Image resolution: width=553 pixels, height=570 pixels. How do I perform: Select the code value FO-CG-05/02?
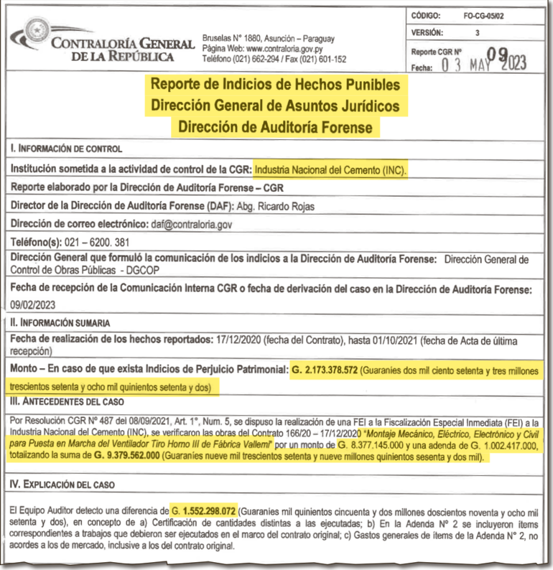point(484,15)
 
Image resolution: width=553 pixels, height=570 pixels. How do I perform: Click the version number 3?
point(478,33)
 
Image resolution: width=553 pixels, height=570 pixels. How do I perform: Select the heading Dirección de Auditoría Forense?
point(276,127)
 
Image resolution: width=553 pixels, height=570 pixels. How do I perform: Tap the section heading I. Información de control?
point(65,149)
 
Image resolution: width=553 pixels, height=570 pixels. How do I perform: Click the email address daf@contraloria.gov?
point(192,225)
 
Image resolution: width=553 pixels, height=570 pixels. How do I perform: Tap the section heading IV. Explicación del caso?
point(65,485)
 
